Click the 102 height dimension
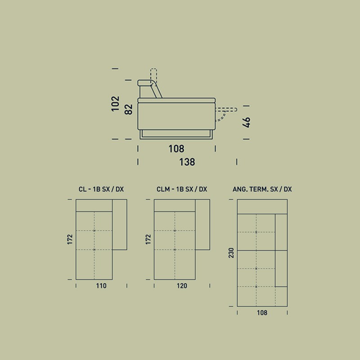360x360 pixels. (116, 104)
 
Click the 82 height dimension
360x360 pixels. (129, 109)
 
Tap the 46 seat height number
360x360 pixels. (246, 122)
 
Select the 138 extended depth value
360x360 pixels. (187, 162)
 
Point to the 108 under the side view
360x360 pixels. (176, 149)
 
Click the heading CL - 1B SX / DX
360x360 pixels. (101, 189)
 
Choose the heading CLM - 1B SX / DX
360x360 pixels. (182, 189)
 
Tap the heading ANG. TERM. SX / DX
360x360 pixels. (262, 189)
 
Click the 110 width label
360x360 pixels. (101, 286)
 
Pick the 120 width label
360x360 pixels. (182, 286)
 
